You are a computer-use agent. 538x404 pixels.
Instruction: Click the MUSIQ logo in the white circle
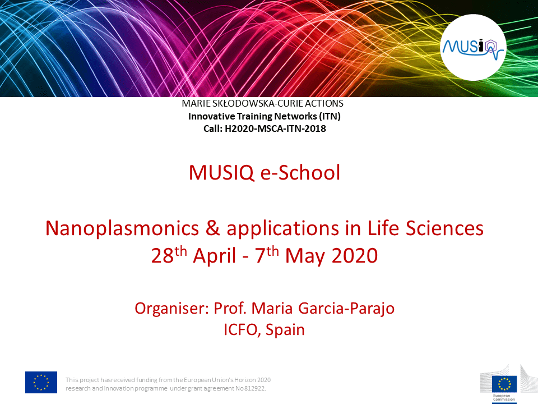click(x=473, y=48)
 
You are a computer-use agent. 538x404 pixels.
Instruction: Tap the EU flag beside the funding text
click(x=41, y=382)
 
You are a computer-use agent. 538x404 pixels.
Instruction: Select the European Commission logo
click(x=508, y=384)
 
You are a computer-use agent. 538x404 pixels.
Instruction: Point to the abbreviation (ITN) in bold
click(x=330, y=116)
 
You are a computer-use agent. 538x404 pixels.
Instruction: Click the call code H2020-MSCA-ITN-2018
click(x=275, y=128)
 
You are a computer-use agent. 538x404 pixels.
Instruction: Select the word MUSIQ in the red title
click(x=221, y=172)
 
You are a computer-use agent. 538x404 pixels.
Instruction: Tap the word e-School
click(x=300, y=172)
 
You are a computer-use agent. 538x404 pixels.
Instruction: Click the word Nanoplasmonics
click(x=122, y=229)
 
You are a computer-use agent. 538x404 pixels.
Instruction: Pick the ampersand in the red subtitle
click(x=213, y=228)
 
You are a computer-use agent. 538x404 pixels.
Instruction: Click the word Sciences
click(x=444, y=228)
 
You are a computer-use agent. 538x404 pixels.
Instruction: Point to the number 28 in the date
click(x=163, y=256)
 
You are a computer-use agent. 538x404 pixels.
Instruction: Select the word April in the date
click(x=215, y=256)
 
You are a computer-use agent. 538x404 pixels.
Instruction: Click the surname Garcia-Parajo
click(x=346, y=309)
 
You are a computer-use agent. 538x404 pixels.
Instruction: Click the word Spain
click(x=285, y=330)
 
